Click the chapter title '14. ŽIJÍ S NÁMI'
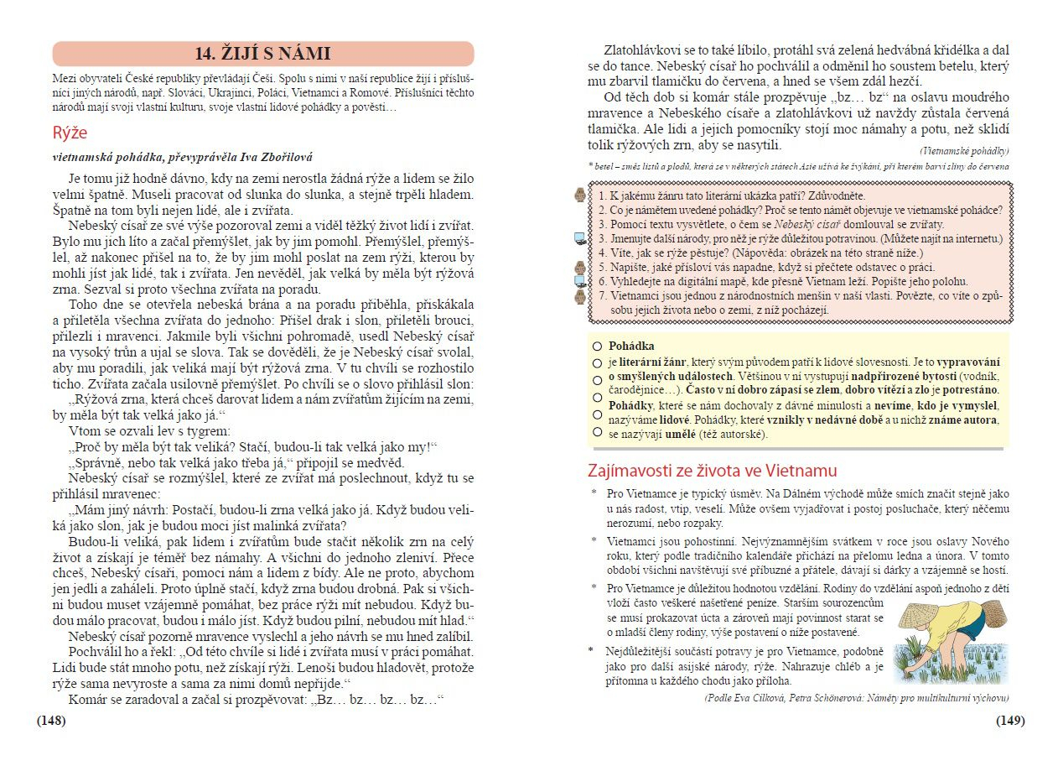[262, 55]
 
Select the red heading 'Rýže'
[70, 133]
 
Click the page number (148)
[51, 721]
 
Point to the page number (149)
[1009, 721]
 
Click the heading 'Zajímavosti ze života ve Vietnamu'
[713, 471]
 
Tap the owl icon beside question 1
[579, 195]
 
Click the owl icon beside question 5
[579, 267]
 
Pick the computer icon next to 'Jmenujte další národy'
[579, 238]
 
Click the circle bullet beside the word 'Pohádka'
[597, 346]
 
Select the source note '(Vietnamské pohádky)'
[964, 151]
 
